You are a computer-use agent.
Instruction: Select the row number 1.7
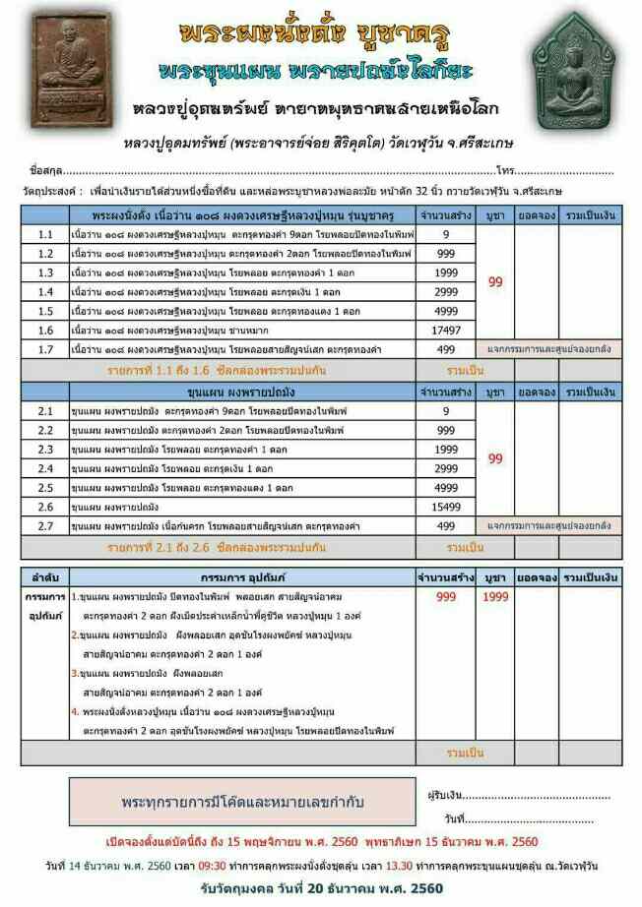click(x=45, y=349)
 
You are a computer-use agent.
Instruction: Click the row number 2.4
click(x=45, y=468)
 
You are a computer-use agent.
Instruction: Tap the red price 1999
click(x=495, y=597)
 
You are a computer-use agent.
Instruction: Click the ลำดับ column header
click(x=44, y=576)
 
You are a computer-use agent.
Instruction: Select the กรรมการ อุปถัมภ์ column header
click(x=240, y=576)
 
